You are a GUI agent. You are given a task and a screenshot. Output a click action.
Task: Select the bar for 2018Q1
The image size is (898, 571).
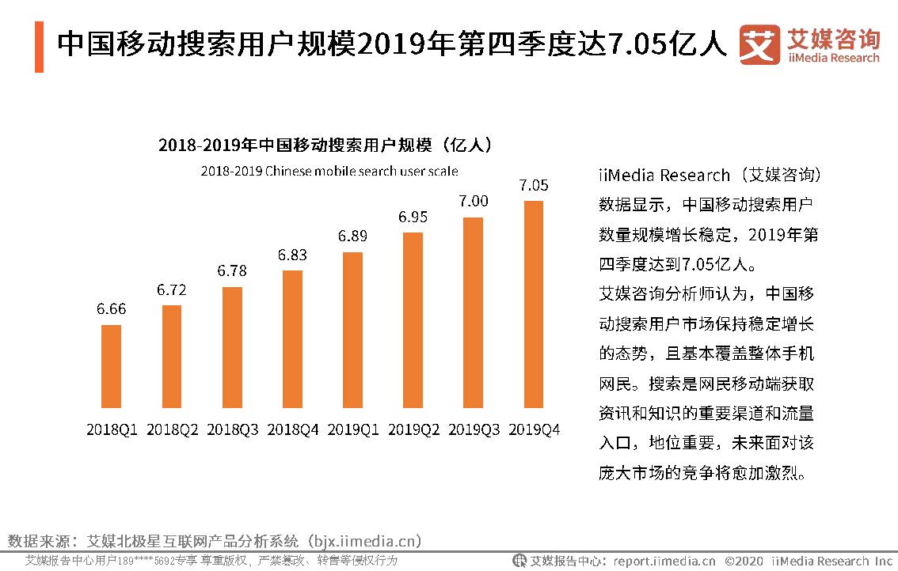tap(112, 367)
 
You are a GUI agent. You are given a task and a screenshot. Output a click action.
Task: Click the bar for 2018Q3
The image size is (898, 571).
tap(232, 348)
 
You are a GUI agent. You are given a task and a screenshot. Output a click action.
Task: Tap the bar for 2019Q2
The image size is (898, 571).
tap(413, 321)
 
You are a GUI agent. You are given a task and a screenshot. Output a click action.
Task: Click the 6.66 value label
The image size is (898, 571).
tap(112, 308)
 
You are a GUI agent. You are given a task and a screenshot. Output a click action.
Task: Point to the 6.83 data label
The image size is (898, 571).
tap(292, 255)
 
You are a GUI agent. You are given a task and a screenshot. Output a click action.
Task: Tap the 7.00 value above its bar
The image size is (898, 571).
tap(473, 201)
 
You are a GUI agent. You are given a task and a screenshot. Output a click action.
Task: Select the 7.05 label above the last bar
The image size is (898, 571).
tap(534, 185)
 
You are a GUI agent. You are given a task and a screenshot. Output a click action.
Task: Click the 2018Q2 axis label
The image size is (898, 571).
tap(172, 429)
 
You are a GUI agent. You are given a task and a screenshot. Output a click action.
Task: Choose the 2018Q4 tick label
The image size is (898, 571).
tap(293, 429)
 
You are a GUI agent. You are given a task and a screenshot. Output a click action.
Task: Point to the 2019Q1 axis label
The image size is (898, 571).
tap(353, 429)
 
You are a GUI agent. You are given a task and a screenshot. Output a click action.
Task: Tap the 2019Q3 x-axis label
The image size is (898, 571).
tap(474, 429)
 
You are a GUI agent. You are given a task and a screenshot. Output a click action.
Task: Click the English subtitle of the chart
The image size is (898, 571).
tap(329, 171)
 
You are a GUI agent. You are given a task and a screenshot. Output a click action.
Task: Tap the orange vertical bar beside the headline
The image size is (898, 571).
tap(39, 46)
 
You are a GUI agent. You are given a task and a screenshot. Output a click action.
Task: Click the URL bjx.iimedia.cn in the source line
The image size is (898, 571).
tap(363, 542)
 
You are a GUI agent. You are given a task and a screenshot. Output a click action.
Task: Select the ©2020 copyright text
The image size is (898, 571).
tap(744, 561)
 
